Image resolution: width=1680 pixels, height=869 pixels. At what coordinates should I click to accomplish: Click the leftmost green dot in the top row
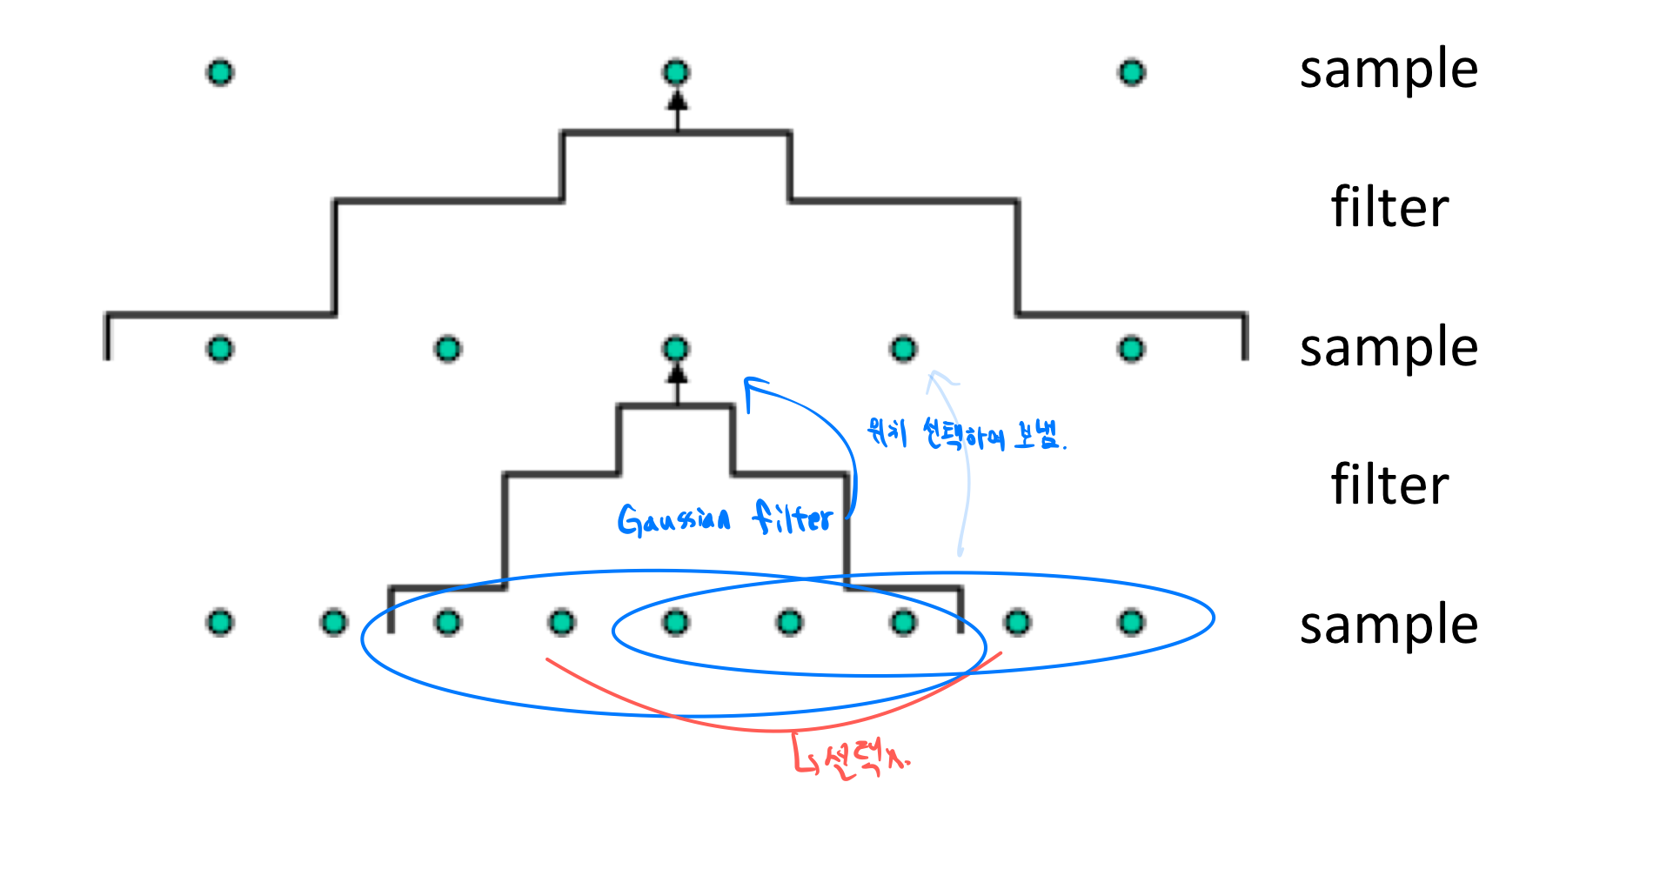point(220,72)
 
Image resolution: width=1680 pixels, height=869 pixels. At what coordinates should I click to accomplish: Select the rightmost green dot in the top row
point(1131,72)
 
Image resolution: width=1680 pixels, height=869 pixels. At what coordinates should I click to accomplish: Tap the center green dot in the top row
point(676,72)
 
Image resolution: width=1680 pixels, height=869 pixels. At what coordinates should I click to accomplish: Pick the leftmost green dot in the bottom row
point(220,622)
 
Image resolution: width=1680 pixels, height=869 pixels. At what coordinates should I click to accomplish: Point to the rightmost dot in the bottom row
point(1131,622)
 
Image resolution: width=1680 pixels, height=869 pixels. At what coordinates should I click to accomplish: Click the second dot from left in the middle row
point(447,349)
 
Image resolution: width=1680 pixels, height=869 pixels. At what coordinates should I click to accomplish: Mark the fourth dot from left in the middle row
point(903,349)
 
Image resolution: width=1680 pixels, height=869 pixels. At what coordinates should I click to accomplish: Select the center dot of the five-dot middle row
point(676,349)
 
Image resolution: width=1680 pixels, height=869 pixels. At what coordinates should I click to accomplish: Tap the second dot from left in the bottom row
point(334,622)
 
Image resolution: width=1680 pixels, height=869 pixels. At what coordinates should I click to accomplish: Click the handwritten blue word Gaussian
point(673,520)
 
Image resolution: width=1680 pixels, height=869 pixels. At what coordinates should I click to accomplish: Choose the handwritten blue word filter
point(793,518)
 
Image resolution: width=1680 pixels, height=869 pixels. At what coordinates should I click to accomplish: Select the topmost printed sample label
point(1389,70)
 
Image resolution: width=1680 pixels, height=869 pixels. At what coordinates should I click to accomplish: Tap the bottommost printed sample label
point(1389,625)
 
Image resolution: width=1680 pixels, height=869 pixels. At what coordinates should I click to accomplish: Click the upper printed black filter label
point(1389,208)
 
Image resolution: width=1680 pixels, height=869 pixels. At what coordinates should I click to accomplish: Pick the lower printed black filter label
point(1389,485)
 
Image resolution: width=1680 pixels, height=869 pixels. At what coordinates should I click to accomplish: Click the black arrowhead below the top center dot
point(677,100)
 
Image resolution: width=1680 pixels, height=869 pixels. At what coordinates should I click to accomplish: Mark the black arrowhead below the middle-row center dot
point(677,374)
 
